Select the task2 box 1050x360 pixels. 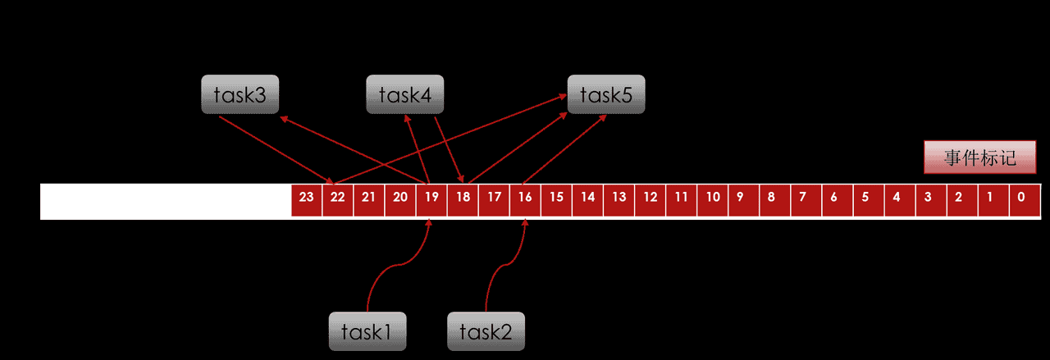pyautogui.click(x=486, y=331)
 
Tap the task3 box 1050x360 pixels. pyautogui.click(x=240, y=94)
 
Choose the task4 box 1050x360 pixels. pyautogui.click(x=404, y=94)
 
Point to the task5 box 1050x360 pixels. pyautogui.click(x=606, y=94)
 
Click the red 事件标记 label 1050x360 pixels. pyautogui.click(x=979, y=157)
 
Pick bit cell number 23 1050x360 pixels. pyautogui.click(x=307, y=197)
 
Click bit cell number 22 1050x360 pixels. pyautogui.click(x=338, y=197)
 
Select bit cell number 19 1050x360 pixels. pyautogui.click(x=431, y=197)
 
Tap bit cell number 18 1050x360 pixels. pyautogui.click(x=463, y=197)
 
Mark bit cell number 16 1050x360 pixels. pyautogui.click(x=525, y=197)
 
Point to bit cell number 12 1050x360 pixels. pyautogui.click(x=650, y=197)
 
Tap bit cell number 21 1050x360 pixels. pyautogui.click(x=369, y=197)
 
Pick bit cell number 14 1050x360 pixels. pyautogui.click(x=587, y=197)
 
